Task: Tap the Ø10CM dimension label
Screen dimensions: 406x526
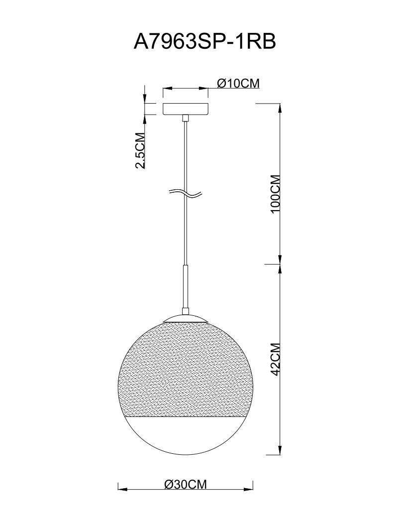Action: [238, 83]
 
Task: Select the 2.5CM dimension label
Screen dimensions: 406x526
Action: [139, 150]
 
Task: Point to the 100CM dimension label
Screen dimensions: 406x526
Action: [275, 194]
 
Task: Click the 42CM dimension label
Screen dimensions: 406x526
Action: [275, 359]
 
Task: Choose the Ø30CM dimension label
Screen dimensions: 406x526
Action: [186, 484]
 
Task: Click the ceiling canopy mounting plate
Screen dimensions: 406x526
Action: [186, 109]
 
